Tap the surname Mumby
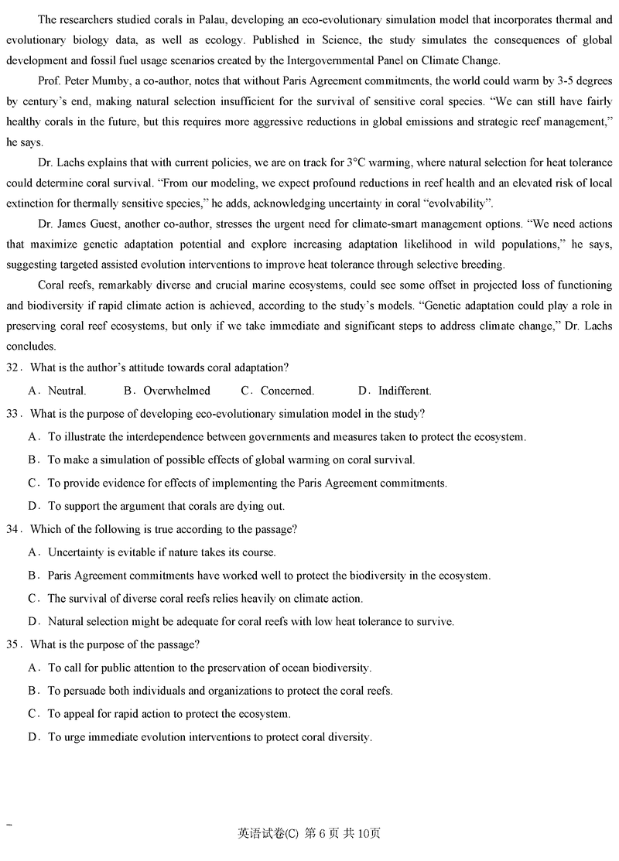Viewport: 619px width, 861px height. (117, 81)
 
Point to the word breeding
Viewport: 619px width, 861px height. (477, 265)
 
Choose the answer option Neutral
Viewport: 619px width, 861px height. (67, 391)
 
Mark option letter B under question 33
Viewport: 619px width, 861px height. (33, 460)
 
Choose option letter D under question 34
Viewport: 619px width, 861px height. (33, 621)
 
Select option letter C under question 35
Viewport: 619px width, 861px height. (33, 714)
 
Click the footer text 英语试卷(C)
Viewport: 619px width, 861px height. (268, 833)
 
